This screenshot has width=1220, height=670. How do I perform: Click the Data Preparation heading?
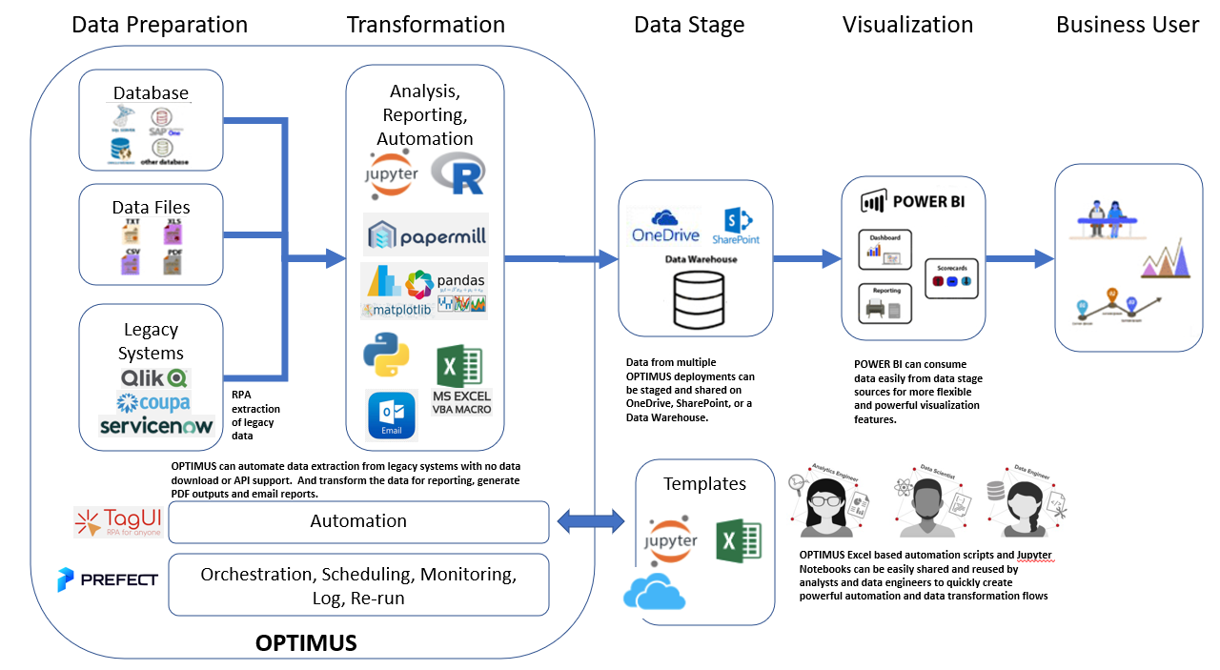pyautogui.click(x=159, y=24)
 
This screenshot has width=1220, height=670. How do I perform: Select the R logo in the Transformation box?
pyautogui.click(x=457, y=174)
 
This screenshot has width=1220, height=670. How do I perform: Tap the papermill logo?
pyautogui.click(x=425, y=233)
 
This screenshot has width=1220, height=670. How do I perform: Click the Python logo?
pyautogui.click(x=387, y=355)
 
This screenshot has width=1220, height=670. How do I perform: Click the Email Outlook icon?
pyautogui.click(x=392, y=414)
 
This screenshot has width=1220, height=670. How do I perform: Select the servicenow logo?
pyautogui.click(x=156, y=425)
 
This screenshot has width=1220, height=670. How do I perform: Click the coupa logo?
pyautogui.click(x=152, y=402)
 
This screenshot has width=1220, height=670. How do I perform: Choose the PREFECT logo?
pyautogui.click(x=107, y=579)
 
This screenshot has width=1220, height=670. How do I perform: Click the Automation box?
pyautogui.click(x=358, y=521)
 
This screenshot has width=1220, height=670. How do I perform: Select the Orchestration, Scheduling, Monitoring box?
pyautogui.click(x=358, y=584)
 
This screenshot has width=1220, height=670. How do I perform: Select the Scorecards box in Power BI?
pyautogui.click(x=951, y=277)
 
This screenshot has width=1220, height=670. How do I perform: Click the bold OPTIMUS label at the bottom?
pyautogui.click(x=306, y=643)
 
